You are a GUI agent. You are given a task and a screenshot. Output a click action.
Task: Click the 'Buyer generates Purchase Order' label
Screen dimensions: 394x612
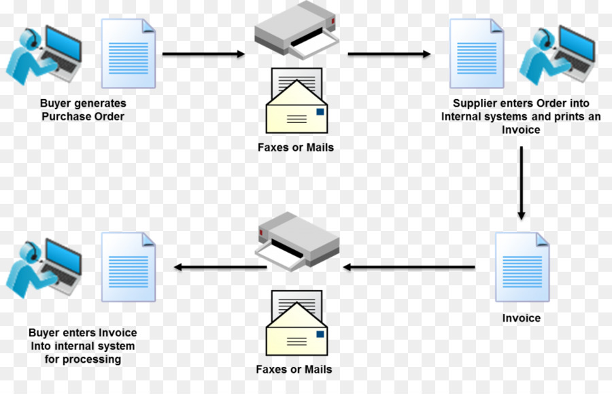tap(83, 110)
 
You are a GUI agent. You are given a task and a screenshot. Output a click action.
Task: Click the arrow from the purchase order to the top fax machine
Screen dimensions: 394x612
tap(203, 54)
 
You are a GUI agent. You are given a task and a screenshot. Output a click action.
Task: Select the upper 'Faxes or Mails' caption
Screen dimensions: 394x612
tap(296, 147)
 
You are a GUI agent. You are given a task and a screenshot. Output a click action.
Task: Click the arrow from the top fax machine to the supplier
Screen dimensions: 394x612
tap(389, 54)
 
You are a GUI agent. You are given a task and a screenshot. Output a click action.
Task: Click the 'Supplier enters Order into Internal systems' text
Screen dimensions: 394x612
tap(521, 116)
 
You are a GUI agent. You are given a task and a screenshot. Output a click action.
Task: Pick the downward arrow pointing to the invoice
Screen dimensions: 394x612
tap(521, 183)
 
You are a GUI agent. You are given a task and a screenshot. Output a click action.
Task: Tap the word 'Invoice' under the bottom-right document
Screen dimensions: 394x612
tap(522, 318)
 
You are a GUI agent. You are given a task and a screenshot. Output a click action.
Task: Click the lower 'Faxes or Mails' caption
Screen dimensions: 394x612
tap(294, 370)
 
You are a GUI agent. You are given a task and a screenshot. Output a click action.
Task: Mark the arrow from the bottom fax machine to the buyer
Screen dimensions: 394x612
tap(220, 268)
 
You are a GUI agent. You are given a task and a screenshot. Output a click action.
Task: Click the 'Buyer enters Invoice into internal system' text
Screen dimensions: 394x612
tap(82, 346)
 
